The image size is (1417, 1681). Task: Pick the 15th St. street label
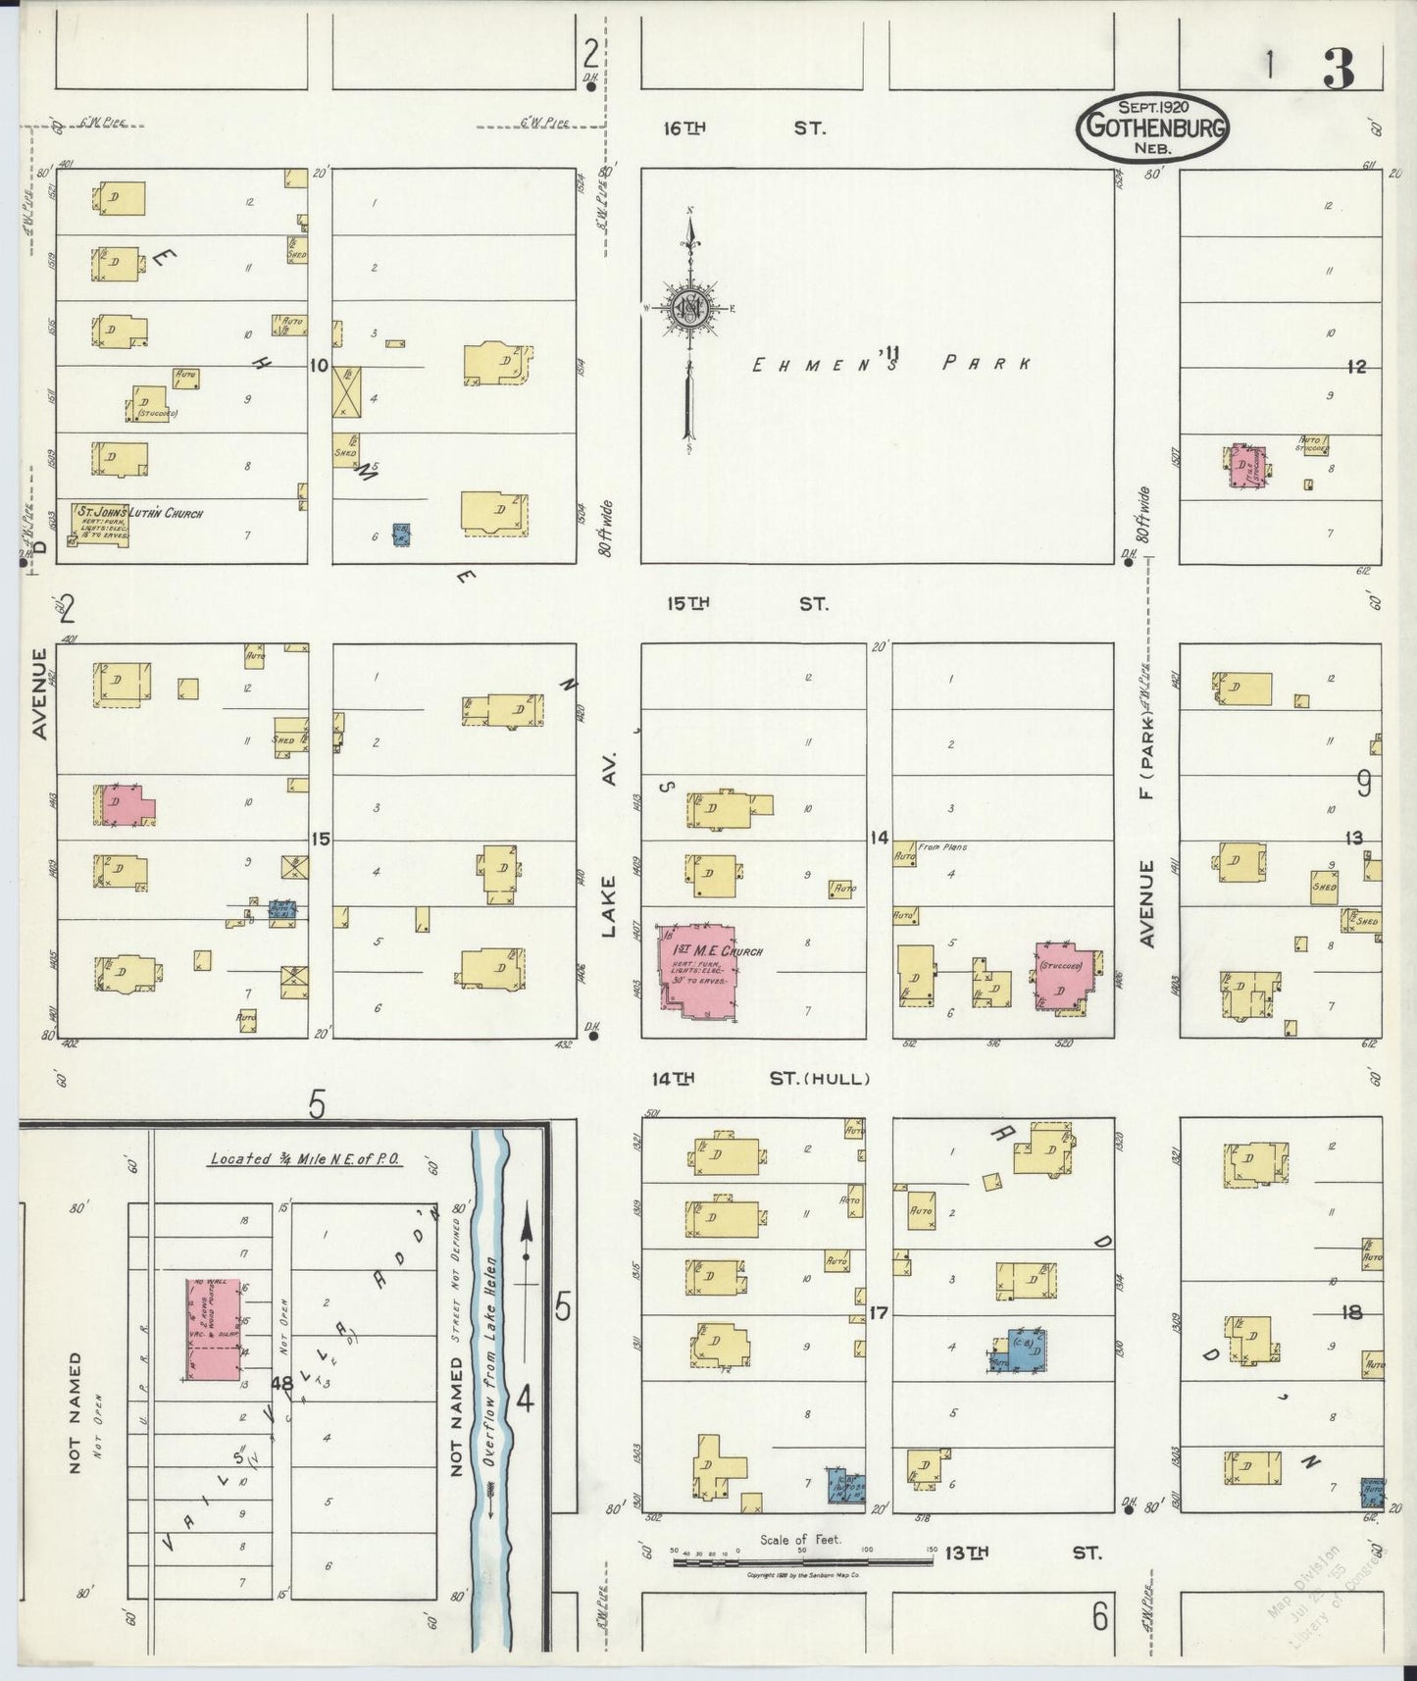[745, 603]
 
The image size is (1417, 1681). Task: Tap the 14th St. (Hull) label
[761, 1079]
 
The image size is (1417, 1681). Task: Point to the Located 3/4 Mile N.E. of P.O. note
[306, 1159]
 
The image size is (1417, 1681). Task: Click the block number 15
[321, 839]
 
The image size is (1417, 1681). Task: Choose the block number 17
[878, 1312]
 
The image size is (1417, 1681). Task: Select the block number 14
[879, 838]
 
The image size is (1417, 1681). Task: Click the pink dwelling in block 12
[1245, 466]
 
